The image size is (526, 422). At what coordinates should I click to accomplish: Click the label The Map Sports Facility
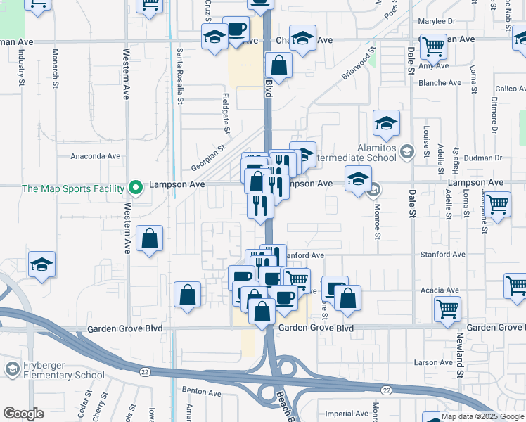[72, 188]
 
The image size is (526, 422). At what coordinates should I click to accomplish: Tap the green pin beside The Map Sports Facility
[135, 188]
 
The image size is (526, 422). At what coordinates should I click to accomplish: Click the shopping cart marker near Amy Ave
[433, 47]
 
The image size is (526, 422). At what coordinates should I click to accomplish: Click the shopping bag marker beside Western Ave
[150, 239]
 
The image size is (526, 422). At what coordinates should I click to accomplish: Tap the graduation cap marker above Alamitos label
[386, 124]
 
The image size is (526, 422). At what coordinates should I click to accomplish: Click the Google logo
[23, 414]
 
